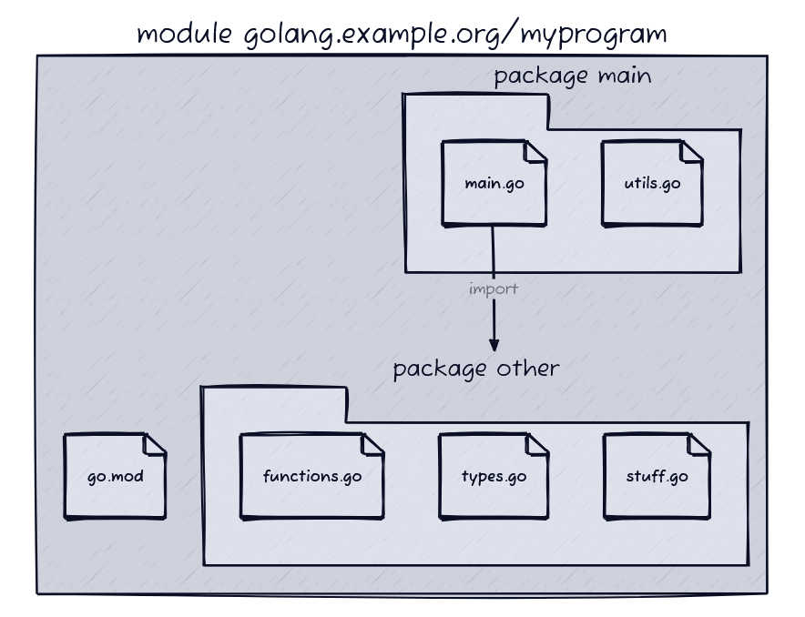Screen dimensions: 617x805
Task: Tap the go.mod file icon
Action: [x=115, y=476]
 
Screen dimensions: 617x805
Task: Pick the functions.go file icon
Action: [x=311, y=476]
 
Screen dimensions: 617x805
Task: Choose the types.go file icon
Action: [x=494, y=476]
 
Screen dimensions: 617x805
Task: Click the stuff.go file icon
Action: [x=657, y=476]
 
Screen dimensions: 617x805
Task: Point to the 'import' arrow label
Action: [x=494, y=289]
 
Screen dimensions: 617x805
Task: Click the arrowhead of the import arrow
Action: [x=494, y=344]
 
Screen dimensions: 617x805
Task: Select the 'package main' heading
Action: [x=572, y=76]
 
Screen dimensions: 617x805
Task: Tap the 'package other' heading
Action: [x=475, y=369]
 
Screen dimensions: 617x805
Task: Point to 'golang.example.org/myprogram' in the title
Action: [x=455, y=35]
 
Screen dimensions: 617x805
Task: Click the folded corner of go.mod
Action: [x=155, y=443]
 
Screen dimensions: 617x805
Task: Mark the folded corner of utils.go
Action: [x=691, y=150]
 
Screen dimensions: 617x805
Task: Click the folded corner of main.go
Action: [x=535, y=150]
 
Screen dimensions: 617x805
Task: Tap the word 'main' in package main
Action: [x=624, y=76]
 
